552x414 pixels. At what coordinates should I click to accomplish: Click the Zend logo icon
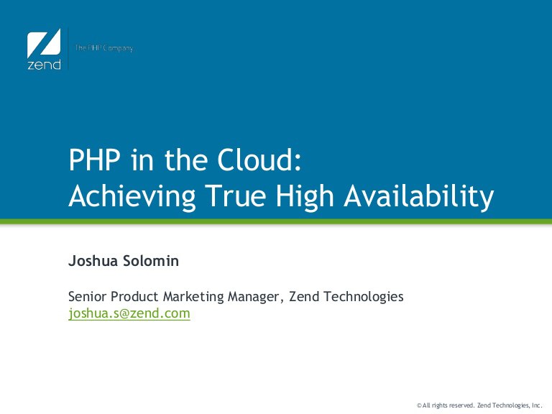pos(44,43)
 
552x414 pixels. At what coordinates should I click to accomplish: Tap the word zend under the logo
pos(44,65)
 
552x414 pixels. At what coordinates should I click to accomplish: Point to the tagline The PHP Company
pos(103,48)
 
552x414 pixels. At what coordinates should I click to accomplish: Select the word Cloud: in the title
pos(259,160)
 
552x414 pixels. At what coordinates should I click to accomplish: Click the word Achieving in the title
pos(132,196)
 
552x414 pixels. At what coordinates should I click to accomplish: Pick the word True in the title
pos(236,195)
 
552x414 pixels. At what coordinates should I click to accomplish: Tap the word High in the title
pos(305,196)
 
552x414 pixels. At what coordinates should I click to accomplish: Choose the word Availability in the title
pos(419,196)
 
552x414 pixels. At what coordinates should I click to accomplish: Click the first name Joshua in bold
pos(93,261)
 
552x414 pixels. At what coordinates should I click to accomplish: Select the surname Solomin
pos(151,261)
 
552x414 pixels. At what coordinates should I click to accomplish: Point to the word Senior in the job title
pos(87,296)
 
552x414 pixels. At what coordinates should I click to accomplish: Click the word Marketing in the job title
pos(193,297)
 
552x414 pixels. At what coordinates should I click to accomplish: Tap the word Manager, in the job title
pos(256,298)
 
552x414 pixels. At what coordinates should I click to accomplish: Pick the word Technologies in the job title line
pos(363,297)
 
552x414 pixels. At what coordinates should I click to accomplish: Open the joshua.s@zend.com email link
pos(129,313)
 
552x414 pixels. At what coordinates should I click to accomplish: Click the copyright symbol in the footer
pos(419,405)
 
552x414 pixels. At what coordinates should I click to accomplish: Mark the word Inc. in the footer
pos(536,405)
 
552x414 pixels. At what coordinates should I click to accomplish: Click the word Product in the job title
pos(134,296)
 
